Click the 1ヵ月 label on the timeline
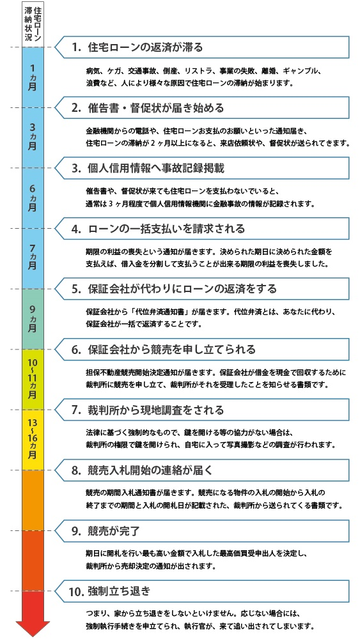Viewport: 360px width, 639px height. [x=33, y=77]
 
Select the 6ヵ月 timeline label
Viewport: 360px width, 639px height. [x=33, y=199]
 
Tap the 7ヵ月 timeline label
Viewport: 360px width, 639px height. [x=33, y=259]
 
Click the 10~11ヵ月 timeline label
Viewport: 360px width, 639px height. [x=33, y=378]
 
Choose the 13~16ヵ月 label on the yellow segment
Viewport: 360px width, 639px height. [x=33, y=438]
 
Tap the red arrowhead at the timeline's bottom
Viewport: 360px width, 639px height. [x=33, y=628]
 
